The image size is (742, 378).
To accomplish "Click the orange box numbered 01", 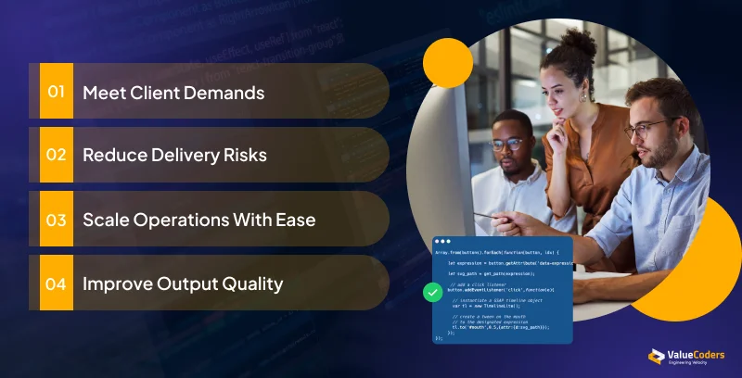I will (57, 92).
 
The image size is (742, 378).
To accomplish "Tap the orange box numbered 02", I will (57, 155).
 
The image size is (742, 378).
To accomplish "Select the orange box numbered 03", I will (57, 220).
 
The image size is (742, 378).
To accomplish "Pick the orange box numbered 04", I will (57, 283).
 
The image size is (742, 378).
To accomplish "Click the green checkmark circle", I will (432, 293).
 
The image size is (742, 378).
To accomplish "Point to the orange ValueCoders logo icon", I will (655, 357).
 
